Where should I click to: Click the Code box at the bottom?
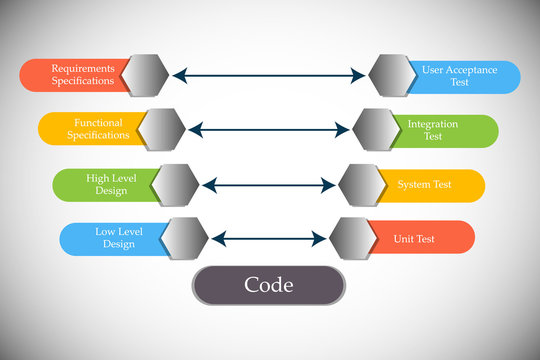(x=268, y=285)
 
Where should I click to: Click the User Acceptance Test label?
(x=460, y=76)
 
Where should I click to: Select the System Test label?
(x=424, y=185)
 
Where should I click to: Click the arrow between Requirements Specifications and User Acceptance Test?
(x=270, y=75)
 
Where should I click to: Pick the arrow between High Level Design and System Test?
(x=269, y=185)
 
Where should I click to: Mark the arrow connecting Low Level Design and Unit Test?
(x=270, y=239)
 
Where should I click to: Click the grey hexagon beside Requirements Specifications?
(x=146, y=75)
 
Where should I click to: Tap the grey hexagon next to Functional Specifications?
(x=162, y=129)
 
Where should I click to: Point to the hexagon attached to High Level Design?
(x=175, y=184)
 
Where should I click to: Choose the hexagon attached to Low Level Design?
(x=185, y=238)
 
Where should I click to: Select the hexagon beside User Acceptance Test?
(x=393, y=76)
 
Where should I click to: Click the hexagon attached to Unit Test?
(x=353, y=239)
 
